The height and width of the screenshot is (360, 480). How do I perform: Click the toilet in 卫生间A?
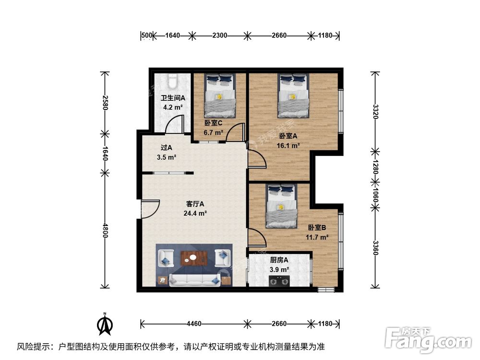point(173,79)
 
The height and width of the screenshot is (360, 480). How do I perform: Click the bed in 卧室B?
point(282,206)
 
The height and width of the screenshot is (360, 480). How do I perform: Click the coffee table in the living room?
point(194,259)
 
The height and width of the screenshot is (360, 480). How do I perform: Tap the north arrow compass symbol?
point(105,324)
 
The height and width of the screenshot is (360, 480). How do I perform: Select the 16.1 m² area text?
point(290,144)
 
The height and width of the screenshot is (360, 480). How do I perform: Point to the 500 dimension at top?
point(147,35)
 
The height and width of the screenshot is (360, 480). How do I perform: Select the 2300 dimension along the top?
point(219,35)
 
